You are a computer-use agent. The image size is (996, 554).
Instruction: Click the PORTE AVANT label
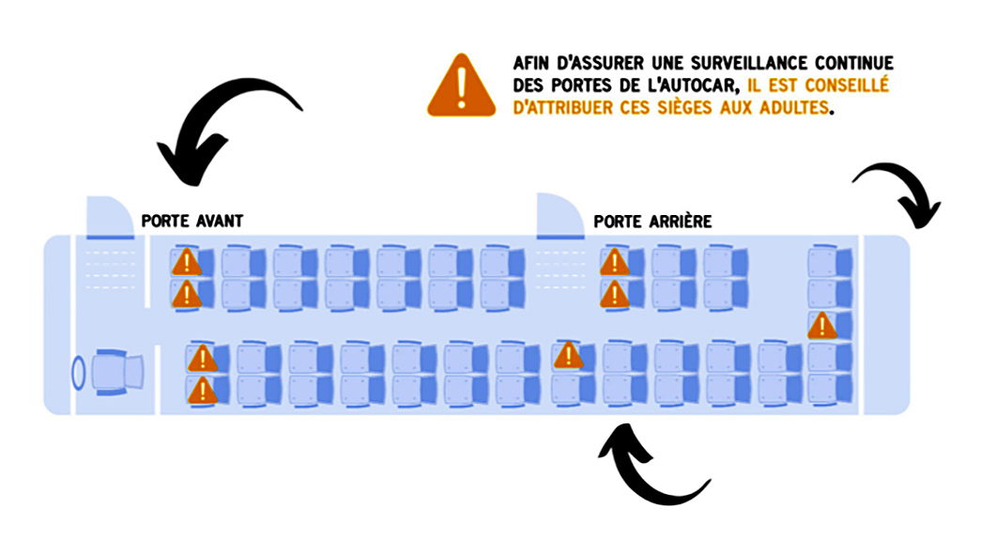tap(192, 221)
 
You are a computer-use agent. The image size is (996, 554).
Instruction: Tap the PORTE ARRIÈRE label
tap(652, 222)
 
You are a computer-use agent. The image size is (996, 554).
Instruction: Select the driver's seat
tap(117, 372)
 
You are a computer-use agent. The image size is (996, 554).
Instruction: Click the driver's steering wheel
tap(78, 372)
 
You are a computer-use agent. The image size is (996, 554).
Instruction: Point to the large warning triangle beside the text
tap(462, 85)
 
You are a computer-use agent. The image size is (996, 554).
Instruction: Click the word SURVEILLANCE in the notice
tap(747, 63)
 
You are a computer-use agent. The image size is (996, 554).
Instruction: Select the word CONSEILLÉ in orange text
tap(847, 85)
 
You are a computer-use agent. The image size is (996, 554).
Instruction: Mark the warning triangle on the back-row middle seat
tap(822, 325)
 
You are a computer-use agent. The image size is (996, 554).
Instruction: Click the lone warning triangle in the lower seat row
tap(569, 355)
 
